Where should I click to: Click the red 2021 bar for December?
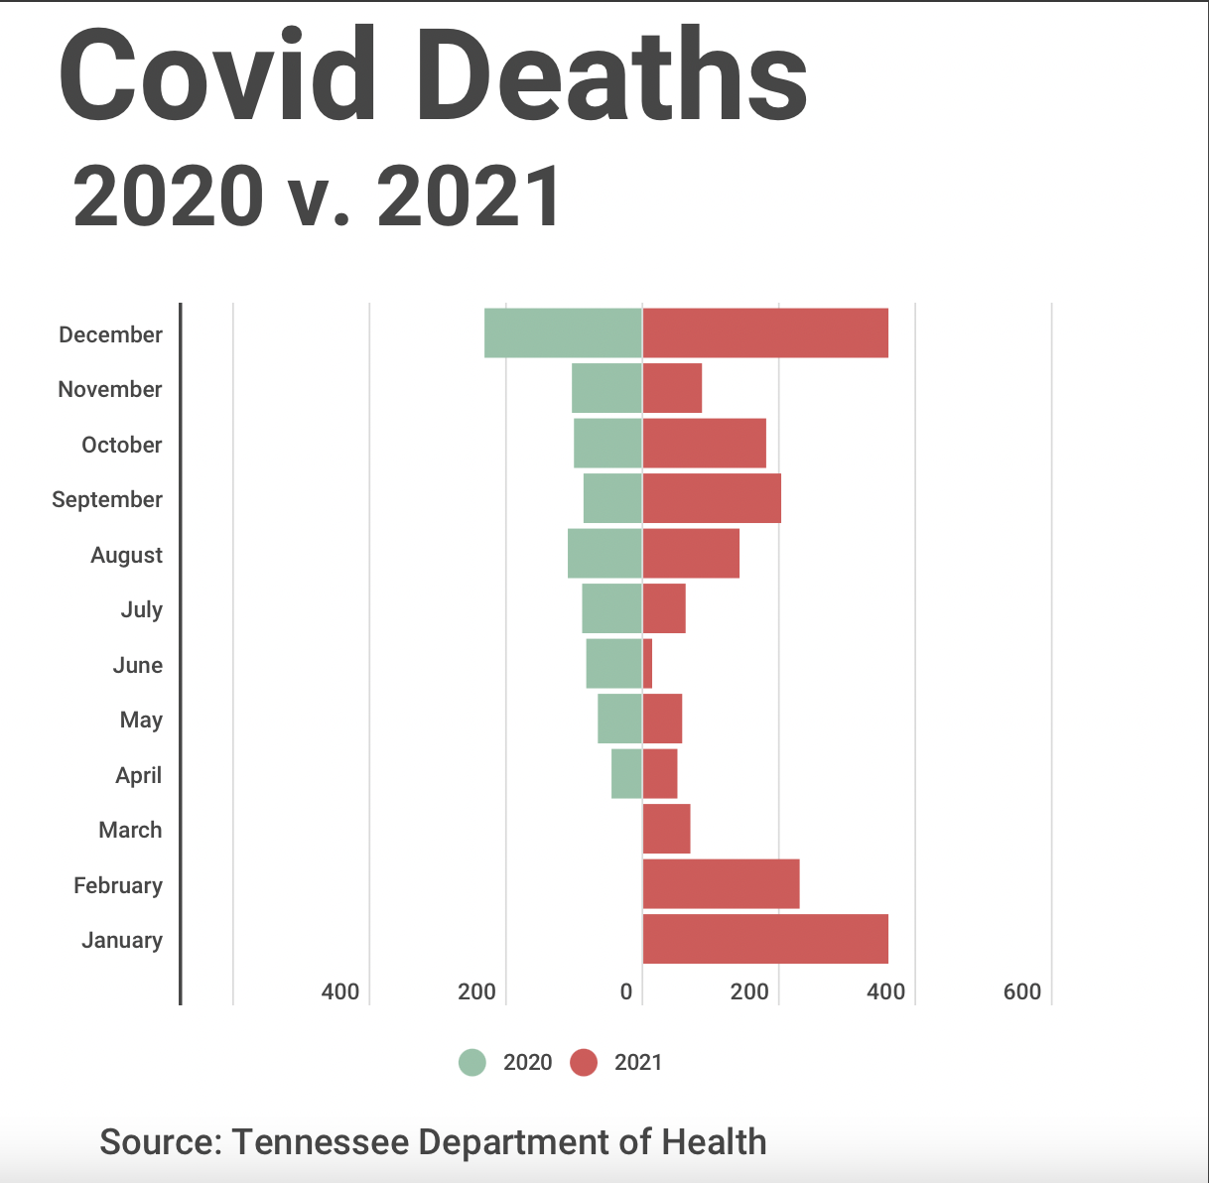click(765, 333)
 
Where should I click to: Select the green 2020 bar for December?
click(563, 333)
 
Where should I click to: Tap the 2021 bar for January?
click(765, 939)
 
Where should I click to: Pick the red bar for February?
click(721, 884)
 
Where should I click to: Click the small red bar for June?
click(648, 664)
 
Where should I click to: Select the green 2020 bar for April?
click(626, 774)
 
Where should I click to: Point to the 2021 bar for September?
click(712, 498)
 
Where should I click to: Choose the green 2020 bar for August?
click(604, 554)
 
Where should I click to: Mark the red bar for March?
click(667, 829)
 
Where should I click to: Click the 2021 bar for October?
click(705, 444)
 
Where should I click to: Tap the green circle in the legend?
click(472, 1063)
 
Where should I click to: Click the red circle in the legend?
click(584, 1063)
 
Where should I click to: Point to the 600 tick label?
click(1022, 991)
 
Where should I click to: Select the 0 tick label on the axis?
click(626, 991)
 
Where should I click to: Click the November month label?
click(110, 389)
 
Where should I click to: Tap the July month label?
click(142, 609)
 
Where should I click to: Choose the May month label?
click(141, 720)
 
